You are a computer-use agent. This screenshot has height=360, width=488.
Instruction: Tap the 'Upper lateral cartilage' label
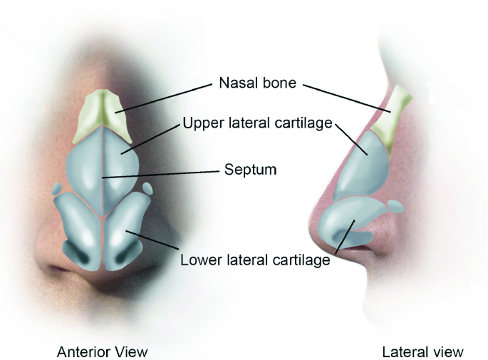tap(258, 123)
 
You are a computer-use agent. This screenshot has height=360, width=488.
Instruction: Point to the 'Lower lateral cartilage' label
tap(255, 260)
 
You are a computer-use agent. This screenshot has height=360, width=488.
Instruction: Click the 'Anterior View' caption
tap(102, 351)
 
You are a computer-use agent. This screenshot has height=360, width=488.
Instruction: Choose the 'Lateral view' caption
tap(422, 351)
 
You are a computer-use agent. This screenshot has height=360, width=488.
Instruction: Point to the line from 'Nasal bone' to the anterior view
tap(164, 97)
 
